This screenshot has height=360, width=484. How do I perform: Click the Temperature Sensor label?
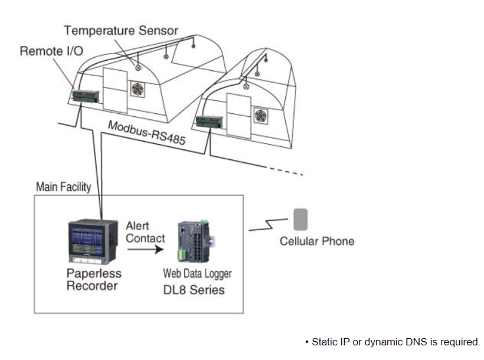(x=121, y=31)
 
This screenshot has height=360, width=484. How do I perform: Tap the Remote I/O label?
(x=51, y=51)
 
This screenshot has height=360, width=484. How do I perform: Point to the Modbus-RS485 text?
(x=147, y=133)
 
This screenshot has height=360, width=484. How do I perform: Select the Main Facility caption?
(x=64, y=187)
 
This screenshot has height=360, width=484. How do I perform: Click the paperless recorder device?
(x=93, y=242)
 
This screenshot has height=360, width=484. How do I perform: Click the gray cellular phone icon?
(x=300, y=220)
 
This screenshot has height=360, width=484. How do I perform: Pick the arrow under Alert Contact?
(x=145, y=249)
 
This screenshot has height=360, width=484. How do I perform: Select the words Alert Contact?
(x=145, y=232)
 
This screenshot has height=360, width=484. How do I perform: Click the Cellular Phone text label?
(x=317, y=241)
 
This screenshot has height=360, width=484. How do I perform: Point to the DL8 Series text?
(x=194, y=290)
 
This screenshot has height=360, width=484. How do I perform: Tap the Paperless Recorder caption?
(x=94, y=280)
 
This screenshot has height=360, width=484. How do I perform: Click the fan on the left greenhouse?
(x=138, y=89)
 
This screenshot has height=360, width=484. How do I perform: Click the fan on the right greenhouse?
(x=261, y=116)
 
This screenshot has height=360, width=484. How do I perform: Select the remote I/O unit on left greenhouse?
(x=86, y=96)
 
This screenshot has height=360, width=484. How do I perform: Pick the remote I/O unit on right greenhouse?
(x=210, y=122)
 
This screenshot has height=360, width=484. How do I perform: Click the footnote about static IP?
(x=393, y=342)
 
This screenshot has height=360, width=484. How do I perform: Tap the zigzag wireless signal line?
(x=268, y=224)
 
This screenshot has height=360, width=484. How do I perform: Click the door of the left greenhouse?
(x=115, y=90)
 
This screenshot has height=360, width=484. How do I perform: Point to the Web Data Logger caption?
(x=198, y=274)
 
